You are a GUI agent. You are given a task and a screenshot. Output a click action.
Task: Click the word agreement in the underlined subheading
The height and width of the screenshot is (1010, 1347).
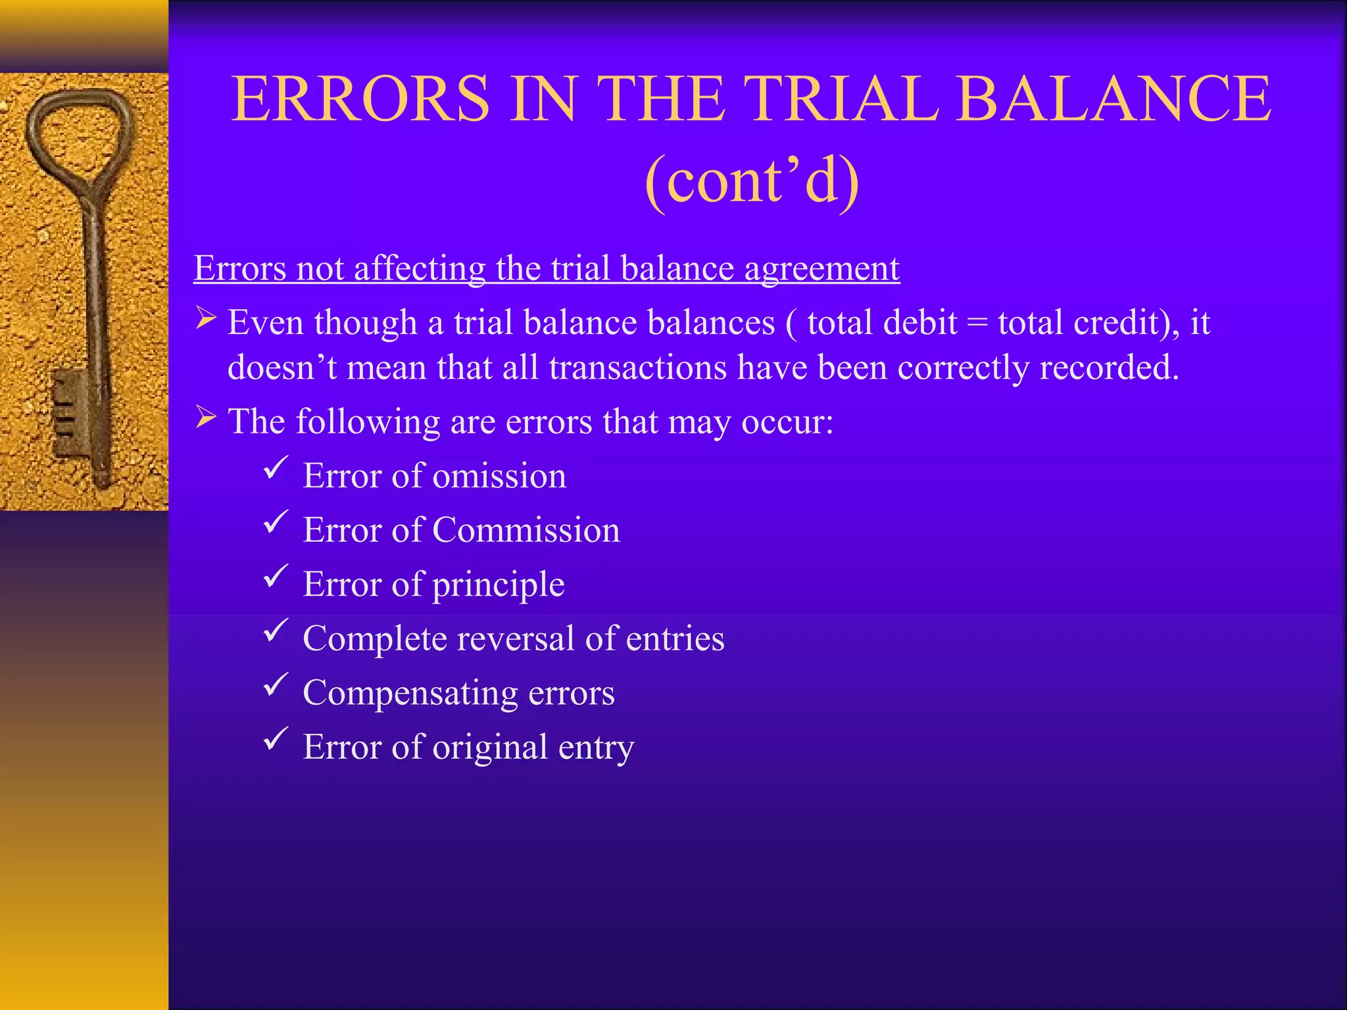[821, 269]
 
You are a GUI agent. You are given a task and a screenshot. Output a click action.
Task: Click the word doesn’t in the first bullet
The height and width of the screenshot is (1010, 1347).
[282, 368]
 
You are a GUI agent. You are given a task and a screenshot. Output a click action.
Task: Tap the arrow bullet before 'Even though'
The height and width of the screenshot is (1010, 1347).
[206, 320]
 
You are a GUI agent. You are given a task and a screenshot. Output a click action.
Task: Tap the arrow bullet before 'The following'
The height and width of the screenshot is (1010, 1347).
[206, 418]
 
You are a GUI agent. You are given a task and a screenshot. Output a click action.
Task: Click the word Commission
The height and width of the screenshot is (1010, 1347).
[526, 531]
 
